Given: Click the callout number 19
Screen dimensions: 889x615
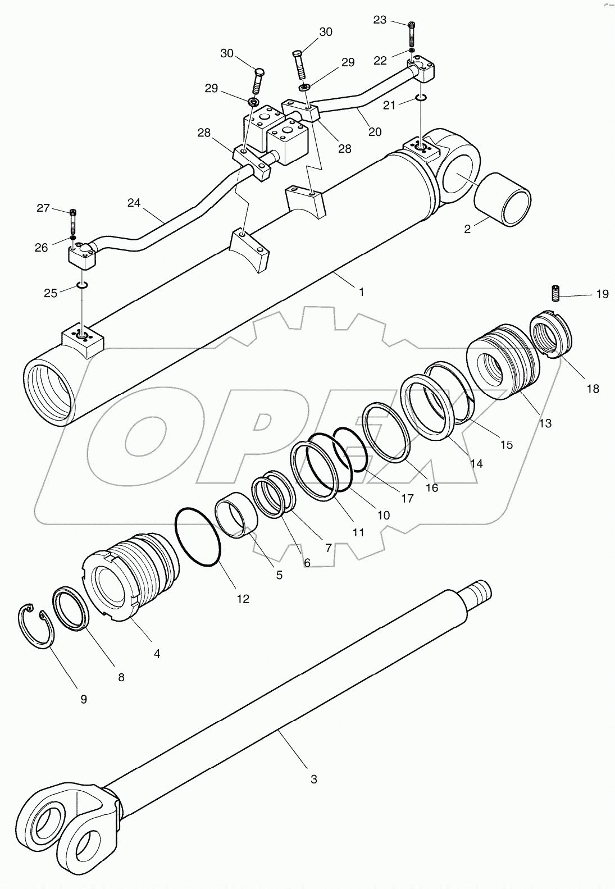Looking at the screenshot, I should [602, 294].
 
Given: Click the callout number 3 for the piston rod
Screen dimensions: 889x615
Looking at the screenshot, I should [314, 779].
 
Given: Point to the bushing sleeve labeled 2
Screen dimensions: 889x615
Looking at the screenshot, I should [503, 199].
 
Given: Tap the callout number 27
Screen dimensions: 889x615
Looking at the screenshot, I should [43, 208].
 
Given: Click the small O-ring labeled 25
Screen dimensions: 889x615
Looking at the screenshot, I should [82, 288].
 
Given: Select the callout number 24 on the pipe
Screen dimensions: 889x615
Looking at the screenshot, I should [134, 203].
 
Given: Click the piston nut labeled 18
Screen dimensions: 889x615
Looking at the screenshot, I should [551, 336].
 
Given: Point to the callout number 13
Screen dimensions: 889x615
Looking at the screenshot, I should [545, 423].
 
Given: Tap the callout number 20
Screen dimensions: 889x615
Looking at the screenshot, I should [375, 131].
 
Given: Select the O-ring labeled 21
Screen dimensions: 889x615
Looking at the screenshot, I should [421, 99].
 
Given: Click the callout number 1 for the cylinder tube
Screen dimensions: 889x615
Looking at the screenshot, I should [362, 292].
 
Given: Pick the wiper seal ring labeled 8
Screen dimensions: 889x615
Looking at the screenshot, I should [71, 609].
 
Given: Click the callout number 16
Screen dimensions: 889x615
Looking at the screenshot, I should [431, 487].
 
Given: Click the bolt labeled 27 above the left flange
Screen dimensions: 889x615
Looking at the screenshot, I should [74, 221].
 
